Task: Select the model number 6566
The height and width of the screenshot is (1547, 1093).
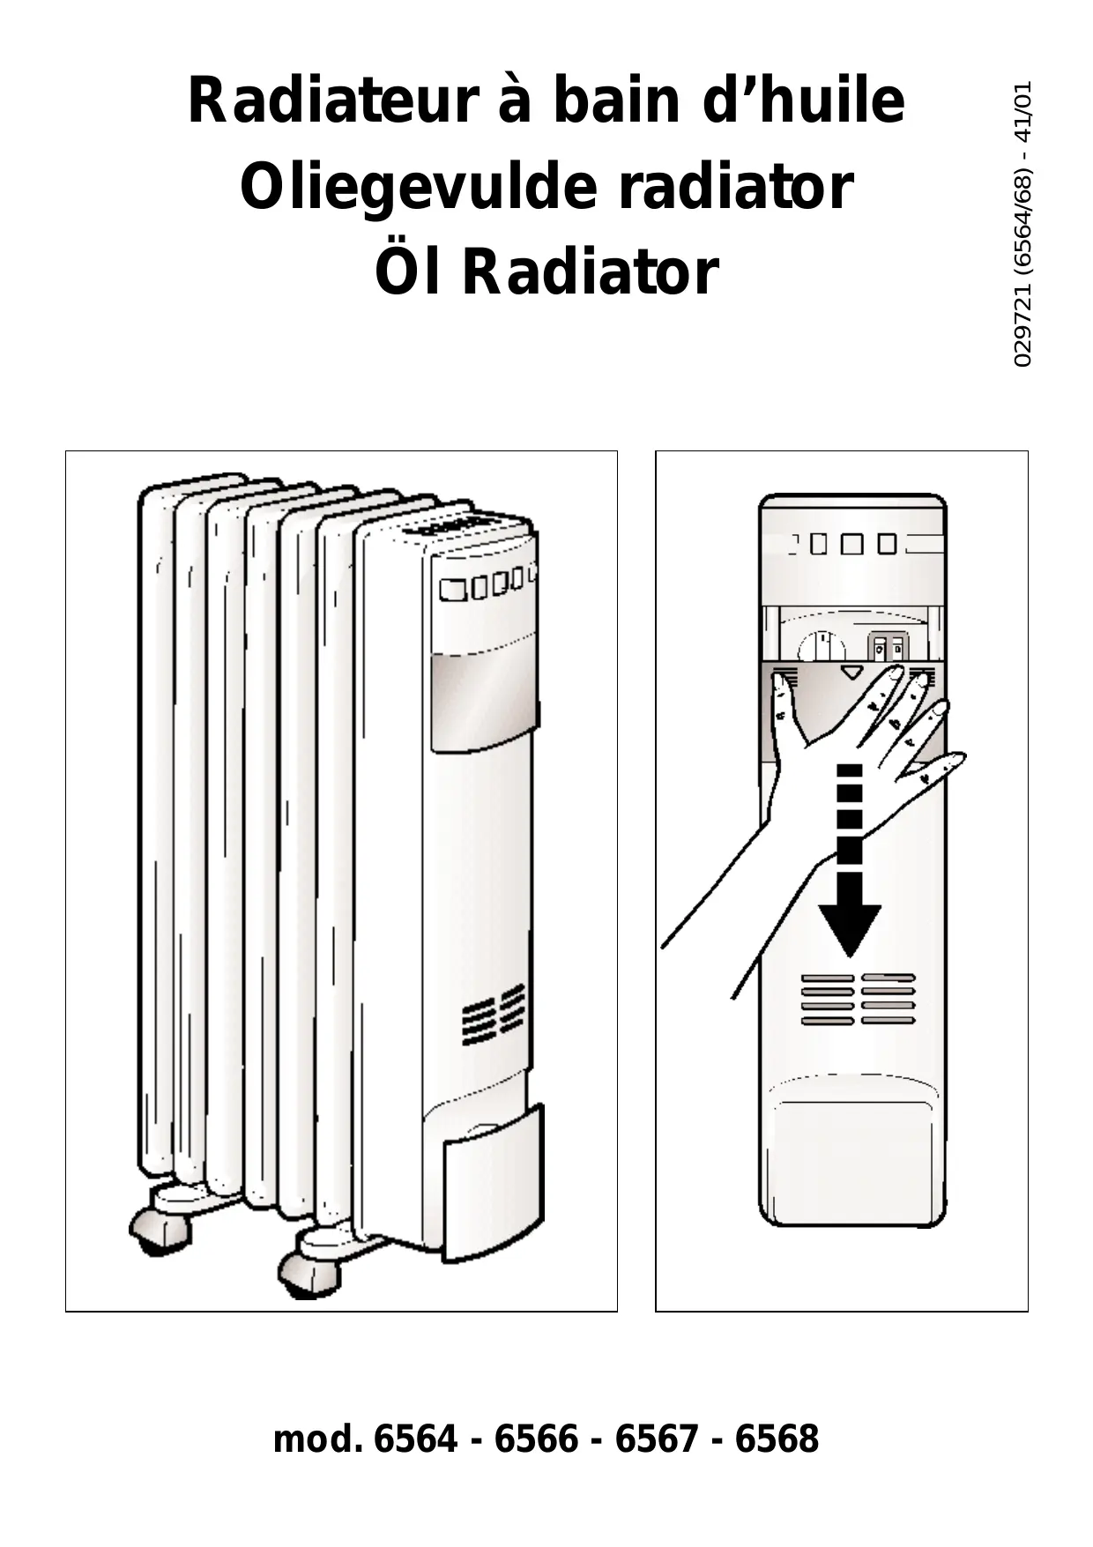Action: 536,1439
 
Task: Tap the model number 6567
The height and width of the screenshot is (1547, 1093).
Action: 656,1439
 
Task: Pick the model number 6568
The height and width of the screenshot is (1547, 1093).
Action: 777,1439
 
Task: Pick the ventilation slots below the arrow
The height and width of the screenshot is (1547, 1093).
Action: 858,999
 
